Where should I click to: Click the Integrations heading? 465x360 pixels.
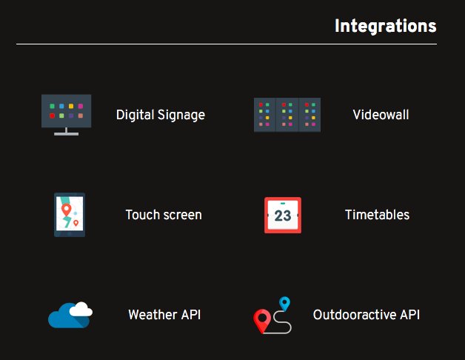(x=385, y=26)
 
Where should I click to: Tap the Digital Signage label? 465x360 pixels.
(x=160, y=115)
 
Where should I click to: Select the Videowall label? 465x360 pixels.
(x=381, y=115)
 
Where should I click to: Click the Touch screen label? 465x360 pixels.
(x=163, y=215)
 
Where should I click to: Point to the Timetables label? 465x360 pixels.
(x=377, y=215)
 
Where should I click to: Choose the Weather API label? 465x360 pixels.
(x=164, y=315)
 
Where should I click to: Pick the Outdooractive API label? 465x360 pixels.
(x=366, y=315)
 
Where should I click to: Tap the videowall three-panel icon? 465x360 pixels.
(x=287, y=115)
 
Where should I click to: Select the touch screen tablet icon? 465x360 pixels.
(x=70, y=215)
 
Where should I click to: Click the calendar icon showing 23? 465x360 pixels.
(x=283, y=215)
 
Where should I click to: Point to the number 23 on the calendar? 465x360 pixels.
(x=283, y=216)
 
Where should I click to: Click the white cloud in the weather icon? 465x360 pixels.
(x=82, y=310)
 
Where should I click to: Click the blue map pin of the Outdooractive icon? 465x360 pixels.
(x=284, y=302)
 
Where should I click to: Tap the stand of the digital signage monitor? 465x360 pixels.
(x=66, y=132)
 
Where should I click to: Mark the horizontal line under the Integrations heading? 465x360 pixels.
(x=226, y=44)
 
